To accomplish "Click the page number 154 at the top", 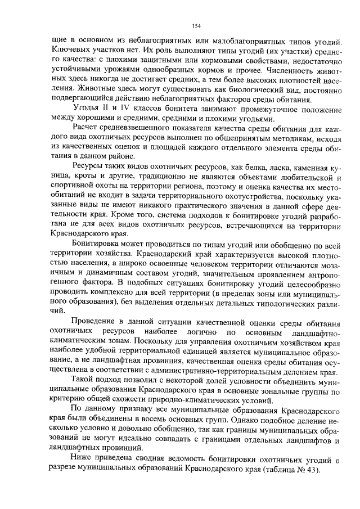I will coord(196,26).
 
